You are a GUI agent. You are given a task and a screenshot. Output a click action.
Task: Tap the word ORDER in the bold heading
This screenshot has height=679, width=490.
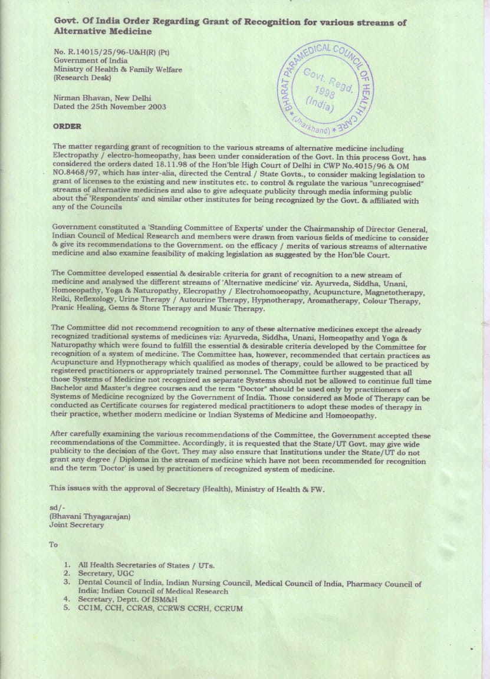(x=67, y=126)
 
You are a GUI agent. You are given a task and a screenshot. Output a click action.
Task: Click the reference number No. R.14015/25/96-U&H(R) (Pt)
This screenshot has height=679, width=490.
(x=111, y=51)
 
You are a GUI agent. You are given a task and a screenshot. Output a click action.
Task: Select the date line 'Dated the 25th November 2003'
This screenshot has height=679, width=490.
(x=109, y=107)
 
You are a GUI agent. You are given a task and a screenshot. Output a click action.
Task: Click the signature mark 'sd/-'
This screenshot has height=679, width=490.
(x=57, y=507)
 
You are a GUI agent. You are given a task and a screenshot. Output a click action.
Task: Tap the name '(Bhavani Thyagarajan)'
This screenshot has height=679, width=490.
(x=90, y=516)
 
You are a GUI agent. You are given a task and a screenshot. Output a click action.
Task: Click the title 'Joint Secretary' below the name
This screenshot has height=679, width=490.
(x=77, y=525)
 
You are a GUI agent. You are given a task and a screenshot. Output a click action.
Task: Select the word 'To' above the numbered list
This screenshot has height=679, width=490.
(x=54, y=545)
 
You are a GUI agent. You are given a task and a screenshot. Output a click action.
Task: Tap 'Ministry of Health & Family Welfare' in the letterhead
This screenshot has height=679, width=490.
(x=118, y=69)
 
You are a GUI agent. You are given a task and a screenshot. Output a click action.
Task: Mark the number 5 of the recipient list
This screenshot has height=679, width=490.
(x=67, y=608)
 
